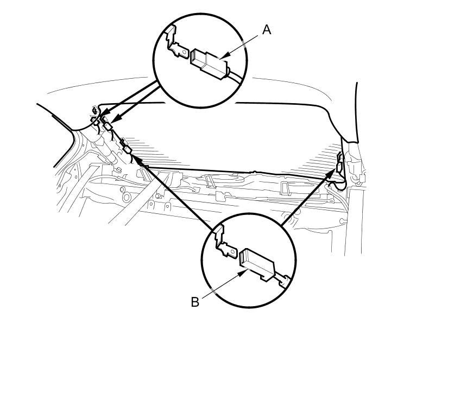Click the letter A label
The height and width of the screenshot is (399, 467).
pyautogui.click(x=266, y=30)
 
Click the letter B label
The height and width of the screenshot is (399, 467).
pyautogui.click(x=195, y=302)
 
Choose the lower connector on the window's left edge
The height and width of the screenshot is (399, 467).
pyautogui.click(x=128, y=149)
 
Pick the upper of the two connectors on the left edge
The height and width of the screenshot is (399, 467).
pyautogui.click(x=108, y=125)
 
